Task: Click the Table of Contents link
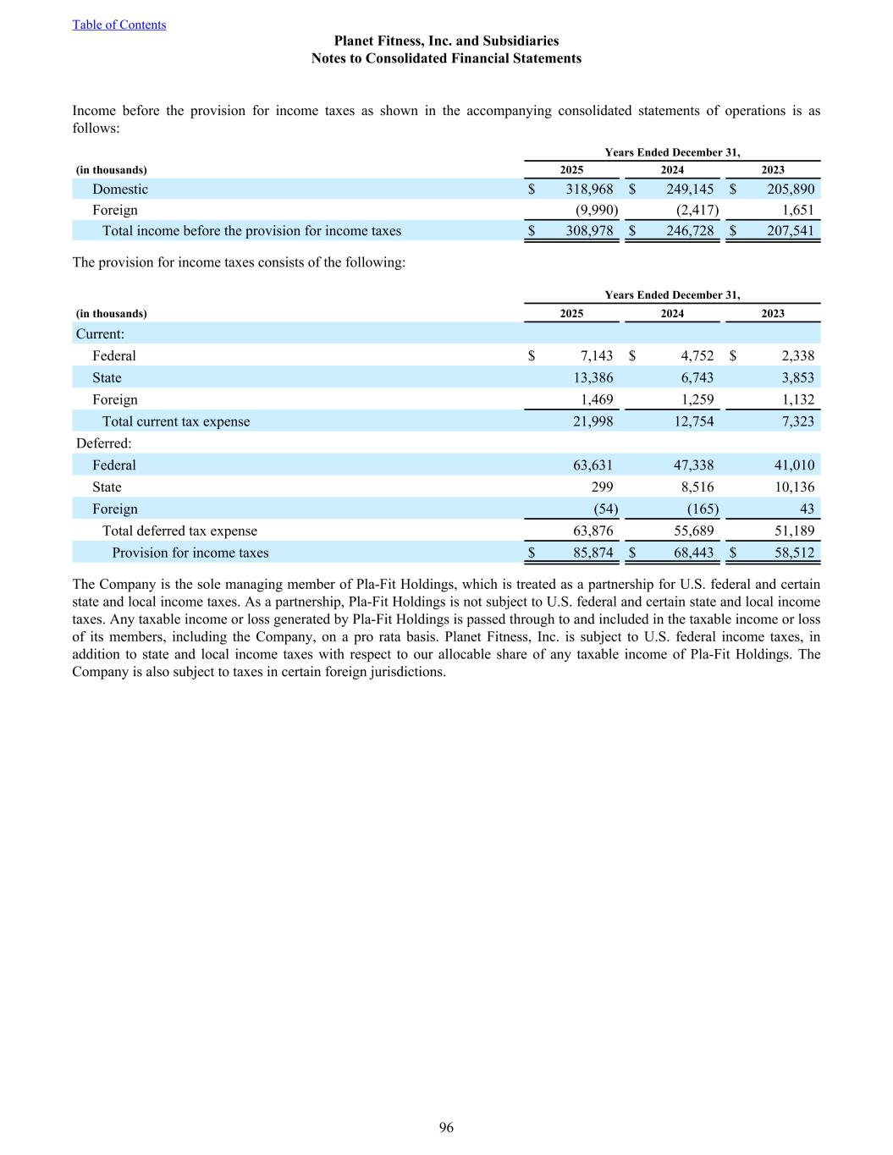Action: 119,25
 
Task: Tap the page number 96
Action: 446,1127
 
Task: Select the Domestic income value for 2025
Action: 589,190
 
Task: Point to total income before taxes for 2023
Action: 790,231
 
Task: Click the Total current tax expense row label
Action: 176,421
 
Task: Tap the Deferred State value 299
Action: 602,487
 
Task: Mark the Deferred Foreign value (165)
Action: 703,509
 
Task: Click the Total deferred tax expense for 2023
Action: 793,531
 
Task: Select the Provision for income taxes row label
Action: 190,553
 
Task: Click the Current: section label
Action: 100,334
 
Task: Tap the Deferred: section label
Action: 103,443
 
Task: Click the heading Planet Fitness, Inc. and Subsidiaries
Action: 446,41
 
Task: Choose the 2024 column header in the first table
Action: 672,170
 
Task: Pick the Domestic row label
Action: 120,190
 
